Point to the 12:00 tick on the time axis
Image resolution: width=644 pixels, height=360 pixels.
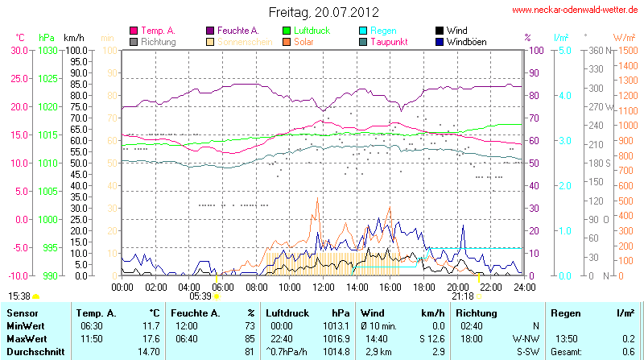[x=323, y=286]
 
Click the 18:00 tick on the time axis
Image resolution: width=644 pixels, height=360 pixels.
[x=423, y=286]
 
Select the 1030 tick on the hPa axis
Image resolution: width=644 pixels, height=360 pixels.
[x=47, y=50]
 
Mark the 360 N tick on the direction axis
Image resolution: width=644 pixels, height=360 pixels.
[x=596, y=50]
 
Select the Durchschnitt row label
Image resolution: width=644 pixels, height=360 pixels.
[x=35, y=351]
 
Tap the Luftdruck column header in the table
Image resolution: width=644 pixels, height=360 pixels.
[x=287, y=312]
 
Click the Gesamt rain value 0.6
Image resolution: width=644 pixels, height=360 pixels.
[x=628, y=351]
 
